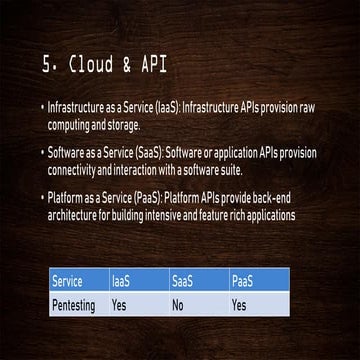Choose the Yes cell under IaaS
121,304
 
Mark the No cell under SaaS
178,304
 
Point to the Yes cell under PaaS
239,304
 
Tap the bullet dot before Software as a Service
43,153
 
